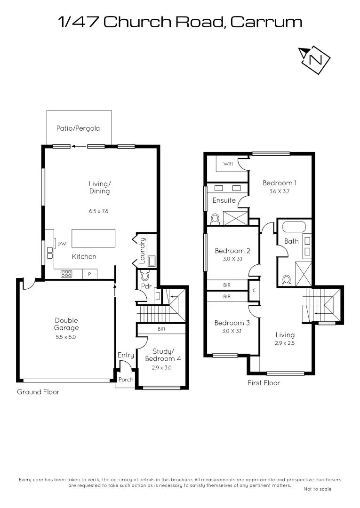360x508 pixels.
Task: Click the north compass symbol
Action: (315, 59)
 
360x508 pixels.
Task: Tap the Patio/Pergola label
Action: (78, 128)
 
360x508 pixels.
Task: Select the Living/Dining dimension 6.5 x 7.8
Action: (99, 211)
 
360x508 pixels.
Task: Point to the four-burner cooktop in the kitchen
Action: (66, 273)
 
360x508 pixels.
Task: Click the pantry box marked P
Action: (89, 273)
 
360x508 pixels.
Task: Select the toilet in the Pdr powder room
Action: (145, 277)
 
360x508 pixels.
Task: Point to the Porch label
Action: (126, 380)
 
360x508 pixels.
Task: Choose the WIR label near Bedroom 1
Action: (228, 164)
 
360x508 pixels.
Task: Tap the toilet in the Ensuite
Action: (216, 219)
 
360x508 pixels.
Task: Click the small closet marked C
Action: (254, 291)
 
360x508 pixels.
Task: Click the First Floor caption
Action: (264, 383)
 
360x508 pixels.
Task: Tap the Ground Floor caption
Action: (38, 392)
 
